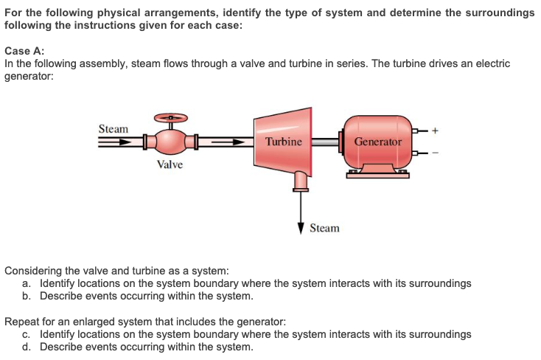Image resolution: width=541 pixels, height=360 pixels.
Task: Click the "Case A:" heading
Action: click(x=24, y=51)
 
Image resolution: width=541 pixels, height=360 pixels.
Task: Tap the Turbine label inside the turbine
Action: click(x=284, y=141)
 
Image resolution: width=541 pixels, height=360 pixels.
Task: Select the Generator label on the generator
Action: click(x=378, y=141)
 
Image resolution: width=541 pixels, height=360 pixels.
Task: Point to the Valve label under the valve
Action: click(x=170, y=165)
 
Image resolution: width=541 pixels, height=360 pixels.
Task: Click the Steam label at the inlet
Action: click(x=114, y=129)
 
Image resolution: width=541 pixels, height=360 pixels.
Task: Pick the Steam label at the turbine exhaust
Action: click(x=324, y=229)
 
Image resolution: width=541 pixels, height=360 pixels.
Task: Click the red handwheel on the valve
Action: click(x=170, y=118)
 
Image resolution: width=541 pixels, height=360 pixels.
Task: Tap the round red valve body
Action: click(x=170, y=140)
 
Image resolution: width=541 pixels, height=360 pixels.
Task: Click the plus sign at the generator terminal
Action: click(x=435, y=130)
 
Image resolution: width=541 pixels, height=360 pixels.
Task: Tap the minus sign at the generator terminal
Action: click(x=435, y=153)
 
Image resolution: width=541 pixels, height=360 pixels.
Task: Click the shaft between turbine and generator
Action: click(x=324, y=141)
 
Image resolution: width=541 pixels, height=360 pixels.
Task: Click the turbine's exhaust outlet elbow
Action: click(x=300, y=179)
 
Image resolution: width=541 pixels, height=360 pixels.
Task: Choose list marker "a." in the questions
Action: click(x=27, y=283)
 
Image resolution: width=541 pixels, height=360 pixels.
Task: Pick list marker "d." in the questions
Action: click(x=27, y=347)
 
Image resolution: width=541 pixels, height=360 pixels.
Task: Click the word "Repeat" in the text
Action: click(x=21, y=322)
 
